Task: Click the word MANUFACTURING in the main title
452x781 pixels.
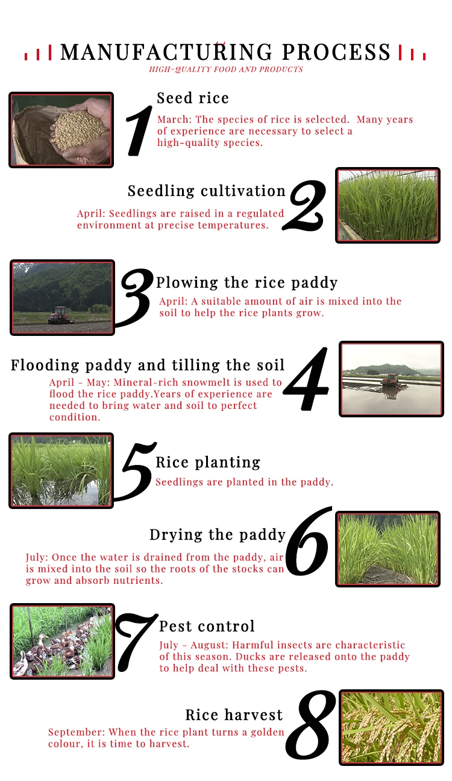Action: click(x=166, y=52)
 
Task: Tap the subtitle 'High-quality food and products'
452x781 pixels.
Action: click(x=226, y=69)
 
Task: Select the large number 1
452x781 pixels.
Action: click(x=139, y=130)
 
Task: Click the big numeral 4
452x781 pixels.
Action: click(x=307, y=379)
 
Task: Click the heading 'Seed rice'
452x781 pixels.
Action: click(x=193, y=98)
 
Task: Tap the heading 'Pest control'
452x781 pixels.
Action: click(x=207, y=626)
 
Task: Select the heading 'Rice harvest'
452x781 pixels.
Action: click(x=234, y=715)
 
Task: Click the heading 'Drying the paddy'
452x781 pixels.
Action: click(x=218, y=535)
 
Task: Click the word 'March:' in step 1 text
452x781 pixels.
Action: click(x=174, y=119)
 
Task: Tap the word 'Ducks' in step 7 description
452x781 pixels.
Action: click(x=251, y=657)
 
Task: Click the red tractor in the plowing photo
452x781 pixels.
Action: click(x=61, y=315)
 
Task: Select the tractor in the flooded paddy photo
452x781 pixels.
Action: click(x=393, y=381)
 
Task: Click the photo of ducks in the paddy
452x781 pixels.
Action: click(x=63, y=641)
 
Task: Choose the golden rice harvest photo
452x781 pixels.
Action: click(x=391, y=728)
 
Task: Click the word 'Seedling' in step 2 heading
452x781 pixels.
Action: click(x=161, y=191)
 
